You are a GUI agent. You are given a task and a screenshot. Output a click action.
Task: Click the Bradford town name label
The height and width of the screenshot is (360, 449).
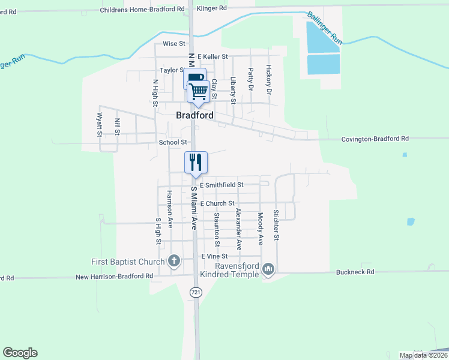coord(194,115)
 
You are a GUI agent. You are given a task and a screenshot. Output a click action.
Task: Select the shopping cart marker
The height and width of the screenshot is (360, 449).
coord(199,91)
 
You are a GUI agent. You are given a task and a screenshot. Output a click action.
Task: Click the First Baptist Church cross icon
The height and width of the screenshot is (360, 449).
coord(174,261)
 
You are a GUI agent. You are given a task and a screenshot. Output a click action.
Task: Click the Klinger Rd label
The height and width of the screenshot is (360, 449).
coord(214,8)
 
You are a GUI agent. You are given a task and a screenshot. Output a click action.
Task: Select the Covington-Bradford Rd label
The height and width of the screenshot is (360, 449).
coord(375,139)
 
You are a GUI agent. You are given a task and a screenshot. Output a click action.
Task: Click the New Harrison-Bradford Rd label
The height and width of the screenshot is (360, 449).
coord(114,276)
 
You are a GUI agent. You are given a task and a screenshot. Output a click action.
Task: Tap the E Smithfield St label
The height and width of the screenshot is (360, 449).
coord(221,185)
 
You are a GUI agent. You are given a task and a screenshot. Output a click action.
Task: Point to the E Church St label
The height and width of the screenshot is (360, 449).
coord(217,204)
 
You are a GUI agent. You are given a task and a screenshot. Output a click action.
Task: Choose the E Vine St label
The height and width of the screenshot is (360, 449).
coord(215,256)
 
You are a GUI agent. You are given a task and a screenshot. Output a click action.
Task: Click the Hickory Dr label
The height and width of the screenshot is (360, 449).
coord(268,80)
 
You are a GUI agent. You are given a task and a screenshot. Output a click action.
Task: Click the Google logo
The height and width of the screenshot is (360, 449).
coord(20,353)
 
